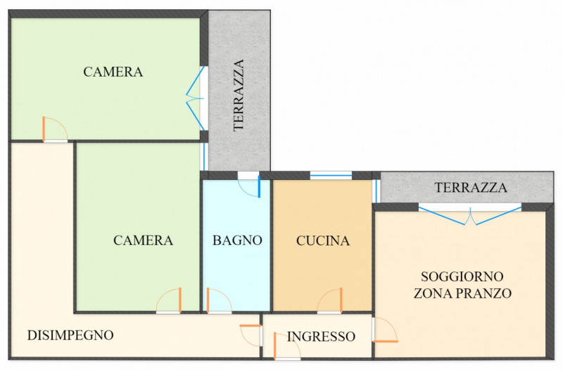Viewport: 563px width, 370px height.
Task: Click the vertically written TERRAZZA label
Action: pyautogui.click(x=239, y=95)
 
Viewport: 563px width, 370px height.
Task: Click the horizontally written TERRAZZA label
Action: pyautogui.click(x=471, y=188)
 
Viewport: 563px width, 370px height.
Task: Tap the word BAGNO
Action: pyautogui.click(x=237, y=240)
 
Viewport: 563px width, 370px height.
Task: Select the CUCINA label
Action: pyautogui.click(x=323, y=241)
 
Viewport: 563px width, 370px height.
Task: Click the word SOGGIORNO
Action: pyautogui.click(x=462, y=276)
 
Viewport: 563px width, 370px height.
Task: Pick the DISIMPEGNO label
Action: pyautogui.click(x=70, y=335)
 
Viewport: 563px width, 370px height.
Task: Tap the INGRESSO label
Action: pyautogui.click(x=321, y=336)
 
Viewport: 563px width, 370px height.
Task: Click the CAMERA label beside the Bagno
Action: pyautogui.click(x=143, y=240)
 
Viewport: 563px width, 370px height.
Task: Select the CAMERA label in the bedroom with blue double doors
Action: pyautogui.click(x=113, y=72)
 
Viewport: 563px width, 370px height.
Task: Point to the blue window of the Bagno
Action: pyautogui.click(x=258, y=186)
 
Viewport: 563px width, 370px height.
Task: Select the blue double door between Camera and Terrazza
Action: pyautogui.click(x=196, y=98)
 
